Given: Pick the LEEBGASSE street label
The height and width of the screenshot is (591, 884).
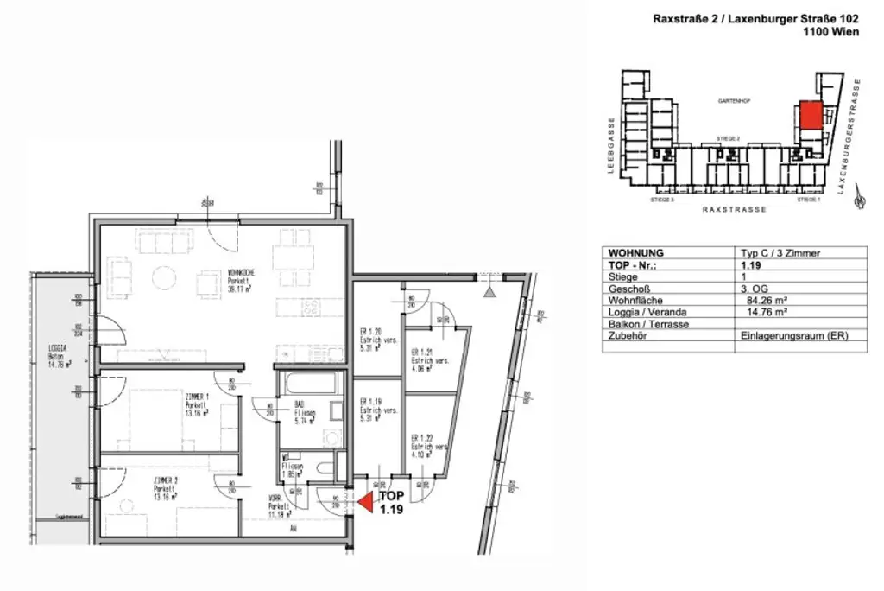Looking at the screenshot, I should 609,145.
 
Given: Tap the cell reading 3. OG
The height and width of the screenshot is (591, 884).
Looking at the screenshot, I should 753,289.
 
